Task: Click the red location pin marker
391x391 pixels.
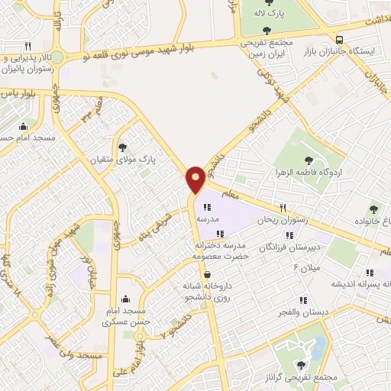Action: pos(196,179)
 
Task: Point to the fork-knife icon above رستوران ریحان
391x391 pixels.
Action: pos(282,208)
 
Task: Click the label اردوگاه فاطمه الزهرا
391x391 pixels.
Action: pos(309,172)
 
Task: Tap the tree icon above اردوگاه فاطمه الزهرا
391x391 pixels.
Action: pos(309,160)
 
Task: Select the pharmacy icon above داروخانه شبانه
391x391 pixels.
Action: pos(208,276)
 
